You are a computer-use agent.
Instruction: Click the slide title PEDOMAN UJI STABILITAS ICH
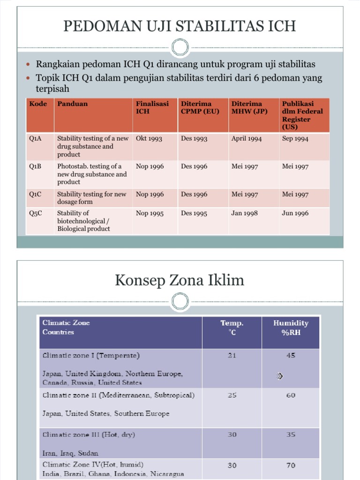[x=180, y=25]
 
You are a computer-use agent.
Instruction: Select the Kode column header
[x=38, y=104]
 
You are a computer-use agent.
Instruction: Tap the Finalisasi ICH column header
[x=152, y=108]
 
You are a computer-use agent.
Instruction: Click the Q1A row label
[x=36, y=139]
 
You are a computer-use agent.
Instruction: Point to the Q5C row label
[x=36, y=213]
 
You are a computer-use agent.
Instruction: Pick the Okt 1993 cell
[x=149, y=139]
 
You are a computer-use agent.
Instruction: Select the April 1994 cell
[x=247, y=139]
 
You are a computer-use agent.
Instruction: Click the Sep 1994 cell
[x=295, y=139]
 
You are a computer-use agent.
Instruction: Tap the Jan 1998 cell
[x=244, y=213]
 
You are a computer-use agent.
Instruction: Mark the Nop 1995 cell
[x=150, y=213]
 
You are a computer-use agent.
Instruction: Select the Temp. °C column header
[x=232, y=327]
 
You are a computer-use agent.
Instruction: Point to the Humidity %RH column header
[x=291, y=327]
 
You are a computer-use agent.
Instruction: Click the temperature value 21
[x=232, y=355]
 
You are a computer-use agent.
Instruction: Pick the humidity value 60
[x=291, y=395]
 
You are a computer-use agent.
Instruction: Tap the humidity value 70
[x=291, y=465]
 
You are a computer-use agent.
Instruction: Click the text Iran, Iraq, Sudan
[x=70, y=453]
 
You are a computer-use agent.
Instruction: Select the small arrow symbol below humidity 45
[x=280, y=376]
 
